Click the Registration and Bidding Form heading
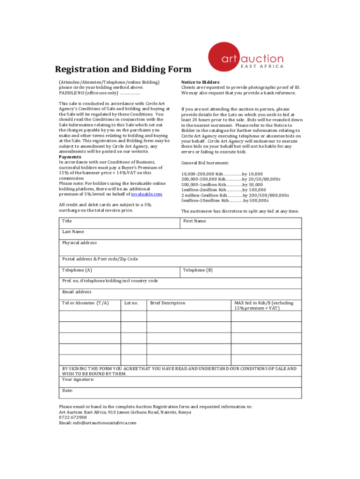click(x=123, y=70)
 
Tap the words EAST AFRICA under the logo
click(x=262, y=66)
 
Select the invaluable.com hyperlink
click(x=146, y=194)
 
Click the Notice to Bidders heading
click(x=200, y=82)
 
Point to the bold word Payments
click(x=70, y=157)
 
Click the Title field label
click(x=67, y=221)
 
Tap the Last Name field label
click(x=73, y=232)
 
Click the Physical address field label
click(x=79, y=243)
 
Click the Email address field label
click(x=77, y=292)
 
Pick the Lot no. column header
click(x=131, y=303)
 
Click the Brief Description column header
click(x=167, y=303)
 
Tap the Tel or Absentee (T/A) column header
click(x=86, y=303)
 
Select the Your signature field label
click(x=78, y=379)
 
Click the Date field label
click(x=67, y=390)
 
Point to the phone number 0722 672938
click(x=72, y=417)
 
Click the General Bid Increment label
click(x=205, y=163)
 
